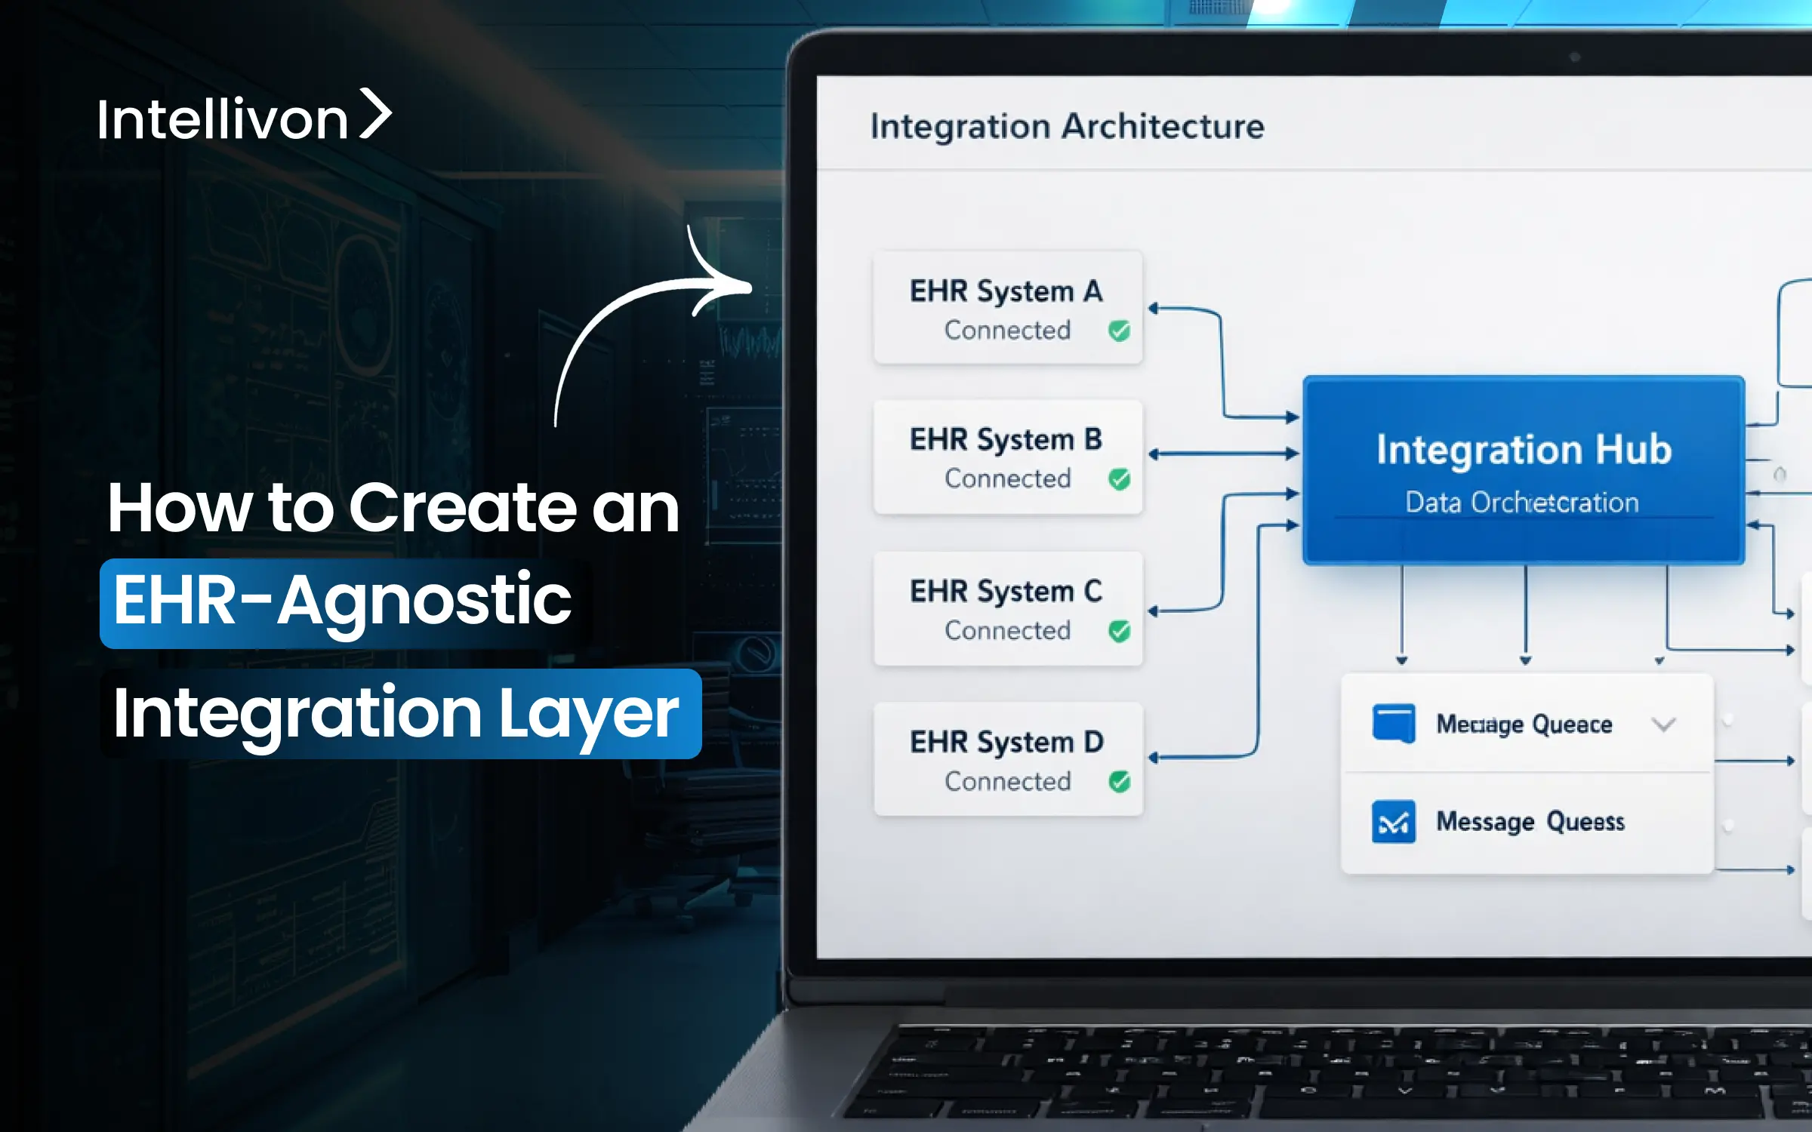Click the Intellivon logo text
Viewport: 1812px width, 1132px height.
(x=222, y=119)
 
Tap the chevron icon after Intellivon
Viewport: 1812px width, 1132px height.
(x=375, y=114)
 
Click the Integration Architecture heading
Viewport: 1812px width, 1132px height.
(x=1067, y=126)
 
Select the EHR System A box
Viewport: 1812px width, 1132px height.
(x=1007, y=308)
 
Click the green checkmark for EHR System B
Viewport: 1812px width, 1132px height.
(x=1119, y=479)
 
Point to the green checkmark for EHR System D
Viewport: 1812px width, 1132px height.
(x=1119, y=782)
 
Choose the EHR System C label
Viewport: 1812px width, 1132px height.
(x=1006, y=592)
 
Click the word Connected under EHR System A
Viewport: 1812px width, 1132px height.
(x=1007, y=331)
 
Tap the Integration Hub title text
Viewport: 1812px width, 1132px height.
(x=1524, y=450)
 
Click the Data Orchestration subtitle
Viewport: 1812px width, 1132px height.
(x=1522, y=503)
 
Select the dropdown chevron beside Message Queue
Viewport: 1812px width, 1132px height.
(x=1663, y=725)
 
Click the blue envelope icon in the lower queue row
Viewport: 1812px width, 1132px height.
(x=1393, y=822)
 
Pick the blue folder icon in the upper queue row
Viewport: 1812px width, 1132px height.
(x=1393, y=723)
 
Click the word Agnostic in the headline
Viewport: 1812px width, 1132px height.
(x=424, y=601)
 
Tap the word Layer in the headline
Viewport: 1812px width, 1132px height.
(x=589, y=714)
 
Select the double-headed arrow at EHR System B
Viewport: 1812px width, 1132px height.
(x=1223, y=454)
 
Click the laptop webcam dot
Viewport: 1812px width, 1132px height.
(x=1574, y=57)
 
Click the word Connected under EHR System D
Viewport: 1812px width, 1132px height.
(x=1007, y=782)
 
